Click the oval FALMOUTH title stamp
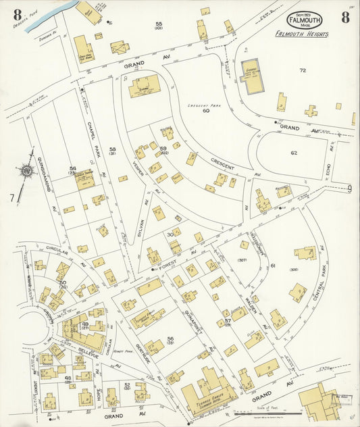coord(305,20)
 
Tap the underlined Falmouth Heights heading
coord(302,34)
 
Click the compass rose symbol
coord(26,172)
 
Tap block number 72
coord(303,70)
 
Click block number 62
coord(294,153)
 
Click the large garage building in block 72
coord(251,76)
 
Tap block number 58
coord(112,149)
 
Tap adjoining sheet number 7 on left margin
coord(11,197)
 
